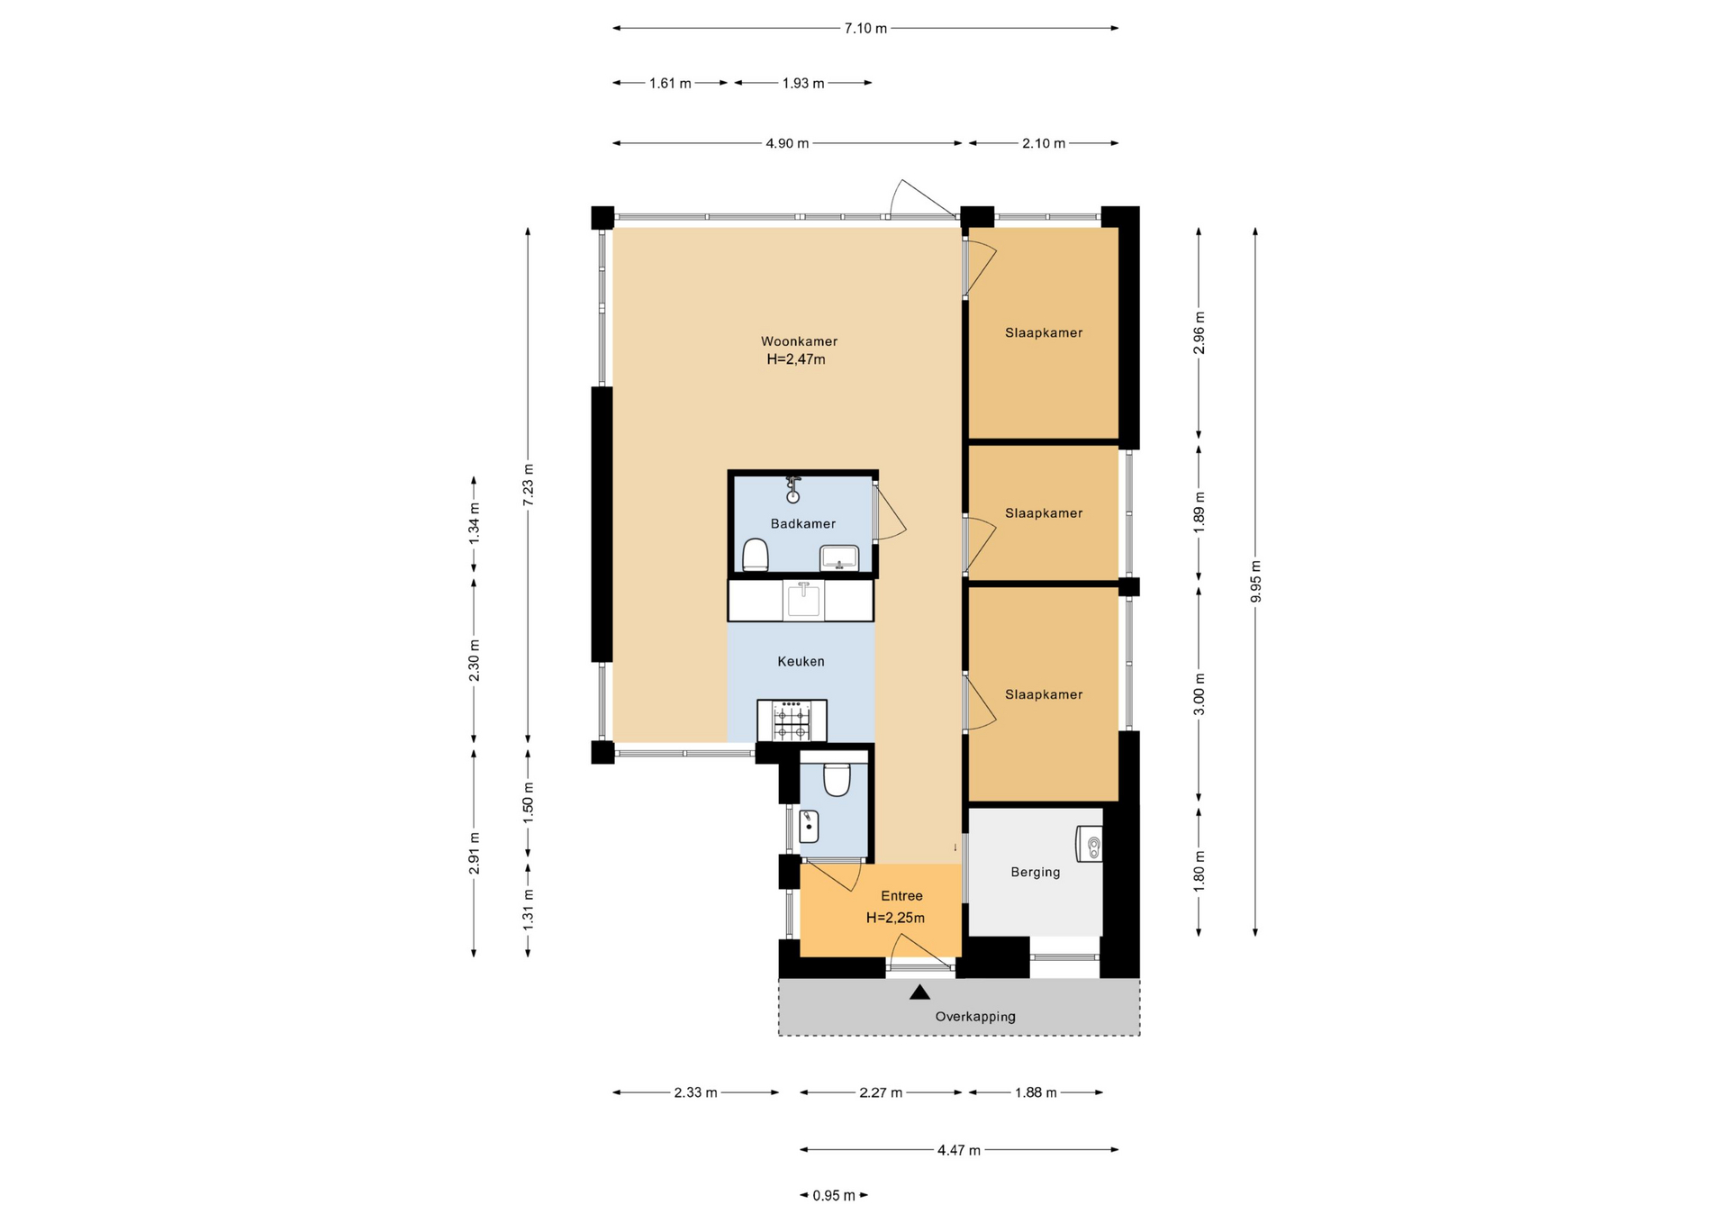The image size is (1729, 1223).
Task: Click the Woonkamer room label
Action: pyautogui.click(x=799, y=341)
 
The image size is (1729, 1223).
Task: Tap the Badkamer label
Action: pyautogui.click(x=802, y=523)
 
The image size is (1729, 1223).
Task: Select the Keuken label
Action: pyautogui.click(x=801, y=661)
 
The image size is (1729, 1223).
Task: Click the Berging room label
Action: pyautogui.click(x=1035, y=872)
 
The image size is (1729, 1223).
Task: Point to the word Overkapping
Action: pyautogui.click(x=974, y=1017)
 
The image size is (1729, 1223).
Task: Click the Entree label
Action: pyautogui.click(x=901, y=896)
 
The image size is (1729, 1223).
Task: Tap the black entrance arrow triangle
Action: pyautogui.click(x=919, y=992)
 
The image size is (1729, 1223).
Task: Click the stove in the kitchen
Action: pyautogui.click(x=792, y=720)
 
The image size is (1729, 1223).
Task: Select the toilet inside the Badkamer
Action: pyautogui.click(x=755, y=555)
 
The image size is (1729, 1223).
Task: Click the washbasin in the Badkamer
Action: pyautogui.click(x=839, y=558)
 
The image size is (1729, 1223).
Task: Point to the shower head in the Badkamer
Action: pyautogui.click(x=793, y=490)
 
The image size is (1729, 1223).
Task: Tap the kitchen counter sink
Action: pyautogui.click(x=803, y=601)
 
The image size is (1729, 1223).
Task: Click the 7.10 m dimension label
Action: pyautogui.click(x=865, y=29)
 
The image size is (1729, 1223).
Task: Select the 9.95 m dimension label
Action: pyautogui.click(x=1255, y=582)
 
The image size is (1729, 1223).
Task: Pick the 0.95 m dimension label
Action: pyautogui.click(x=834, y=1196)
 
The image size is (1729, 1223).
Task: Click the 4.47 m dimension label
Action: pyautogui.click(x=959, y=1150)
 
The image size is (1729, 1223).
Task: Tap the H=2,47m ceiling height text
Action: pyautogui.click(x=796, y=359)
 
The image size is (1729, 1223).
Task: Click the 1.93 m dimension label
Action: pyautogui.click(x=803, y=84)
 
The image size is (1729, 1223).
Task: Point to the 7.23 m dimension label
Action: pyautogui.click(x=529, y=485)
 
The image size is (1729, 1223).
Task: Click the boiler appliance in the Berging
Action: pyautogui.click(x=1090, y=845)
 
